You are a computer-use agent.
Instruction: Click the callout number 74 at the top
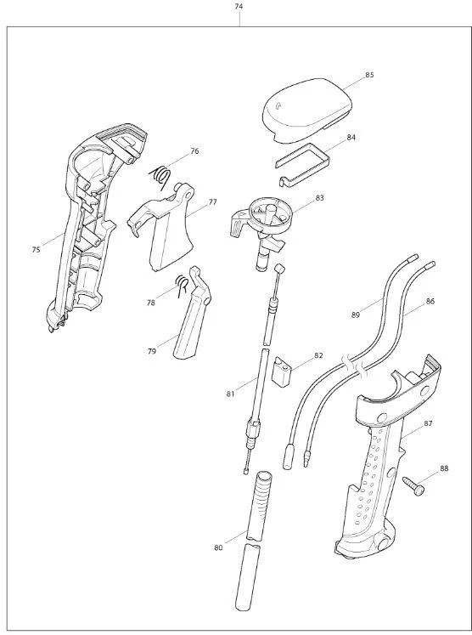(239, 7)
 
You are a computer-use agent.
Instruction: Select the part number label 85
(369, 75)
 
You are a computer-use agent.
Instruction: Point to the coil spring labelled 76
(160, 176)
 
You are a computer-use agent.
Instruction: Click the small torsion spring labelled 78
(182, 286)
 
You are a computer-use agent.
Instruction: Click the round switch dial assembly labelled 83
(262, 227)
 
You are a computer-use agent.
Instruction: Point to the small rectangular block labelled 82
(283, 371)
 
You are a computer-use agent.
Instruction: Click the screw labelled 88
(413, 485)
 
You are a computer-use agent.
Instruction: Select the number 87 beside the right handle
(428, 423)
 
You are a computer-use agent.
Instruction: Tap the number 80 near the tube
(218, 548)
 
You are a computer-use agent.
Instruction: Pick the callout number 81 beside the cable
(230, 394)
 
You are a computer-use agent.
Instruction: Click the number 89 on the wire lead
(356, 315)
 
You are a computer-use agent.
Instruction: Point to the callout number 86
(430, 301)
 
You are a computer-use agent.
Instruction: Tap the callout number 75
(36, 250)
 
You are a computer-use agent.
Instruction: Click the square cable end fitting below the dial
(278, 269)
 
